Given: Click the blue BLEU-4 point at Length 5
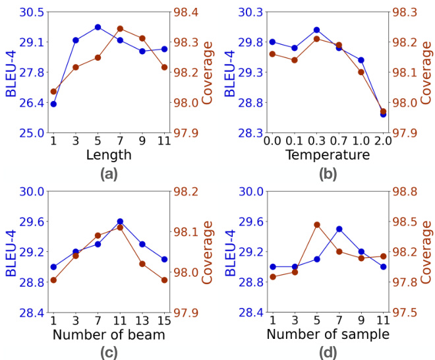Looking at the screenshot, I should pyautogui.click(x=98, y=27).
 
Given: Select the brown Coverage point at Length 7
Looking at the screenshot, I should pyautogui.click(x=120, y=29).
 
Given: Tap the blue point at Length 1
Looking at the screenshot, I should pyautogui.click(x=53, y=104).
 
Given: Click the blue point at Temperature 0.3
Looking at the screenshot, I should pyautogui.click(x=316, y=30).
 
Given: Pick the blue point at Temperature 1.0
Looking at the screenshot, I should pyautogui.click(x=361, y=60).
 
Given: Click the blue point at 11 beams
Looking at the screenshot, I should pyautogui.click(x=120, y=222).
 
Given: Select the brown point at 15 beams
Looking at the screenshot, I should pyautogui.click(x=164, y=280).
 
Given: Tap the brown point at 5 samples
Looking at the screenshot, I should pyautogui.click(x=316, y=225).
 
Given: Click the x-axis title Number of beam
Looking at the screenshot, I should pyautogui.click(x=109, y=335).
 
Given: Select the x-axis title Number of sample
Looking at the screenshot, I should pyautogui.click(x=328, y=335).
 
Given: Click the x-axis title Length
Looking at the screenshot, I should pyautogui.click(x=109, y=156).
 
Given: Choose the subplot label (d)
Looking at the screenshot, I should pyautogui.click(x=328, y=353).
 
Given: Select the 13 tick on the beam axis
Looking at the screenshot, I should pyautogui.click(x=142, y=320).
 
